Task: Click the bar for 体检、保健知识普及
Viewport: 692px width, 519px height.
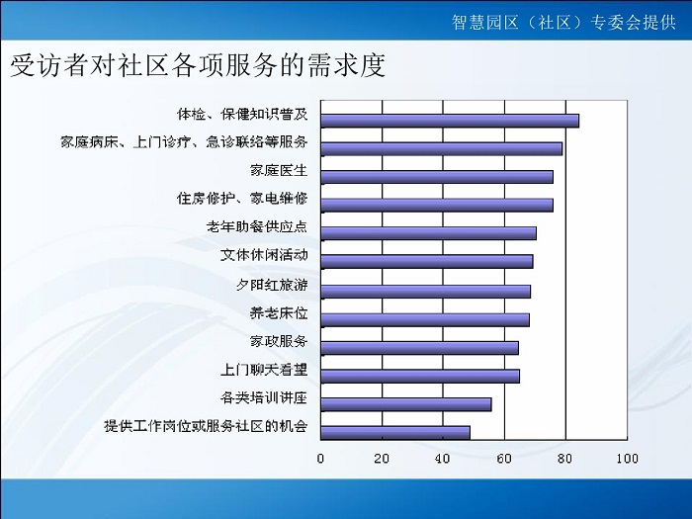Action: pos(450,121)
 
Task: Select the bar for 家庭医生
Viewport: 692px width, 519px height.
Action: pos(437,177)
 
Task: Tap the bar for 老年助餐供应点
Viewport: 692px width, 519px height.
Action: pos(428,233)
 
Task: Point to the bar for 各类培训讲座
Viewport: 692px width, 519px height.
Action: pos(406,404)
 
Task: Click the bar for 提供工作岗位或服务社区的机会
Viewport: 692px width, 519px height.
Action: pos(395,433)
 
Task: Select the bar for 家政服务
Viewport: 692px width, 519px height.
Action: pos(420,348)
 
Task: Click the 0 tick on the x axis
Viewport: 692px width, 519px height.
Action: pos(321,459)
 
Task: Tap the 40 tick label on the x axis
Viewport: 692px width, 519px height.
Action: pos(443,459)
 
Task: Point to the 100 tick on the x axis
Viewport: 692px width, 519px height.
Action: pos(627,459)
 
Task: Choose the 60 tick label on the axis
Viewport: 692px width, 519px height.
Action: pos(504,459)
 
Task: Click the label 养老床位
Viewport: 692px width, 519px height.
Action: pos(279,313)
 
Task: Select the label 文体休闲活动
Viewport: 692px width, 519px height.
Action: pos(264,255)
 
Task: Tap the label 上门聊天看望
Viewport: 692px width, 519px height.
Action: pos(264,370)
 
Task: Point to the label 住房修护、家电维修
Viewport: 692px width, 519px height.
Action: pos(242,199)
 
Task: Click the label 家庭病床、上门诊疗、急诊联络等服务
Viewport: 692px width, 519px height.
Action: pos(184,142)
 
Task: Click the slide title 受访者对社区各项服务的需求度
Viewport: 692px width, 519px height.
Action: pos(198,66)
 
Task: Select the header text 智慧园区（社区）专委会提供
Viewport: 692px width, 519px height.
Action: pos(563,22)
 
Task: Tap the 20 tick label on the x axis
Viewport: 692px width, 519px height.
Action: pos(382,459)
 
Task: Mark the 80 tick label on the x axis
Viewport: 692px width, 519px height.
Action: pos(565,459)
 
